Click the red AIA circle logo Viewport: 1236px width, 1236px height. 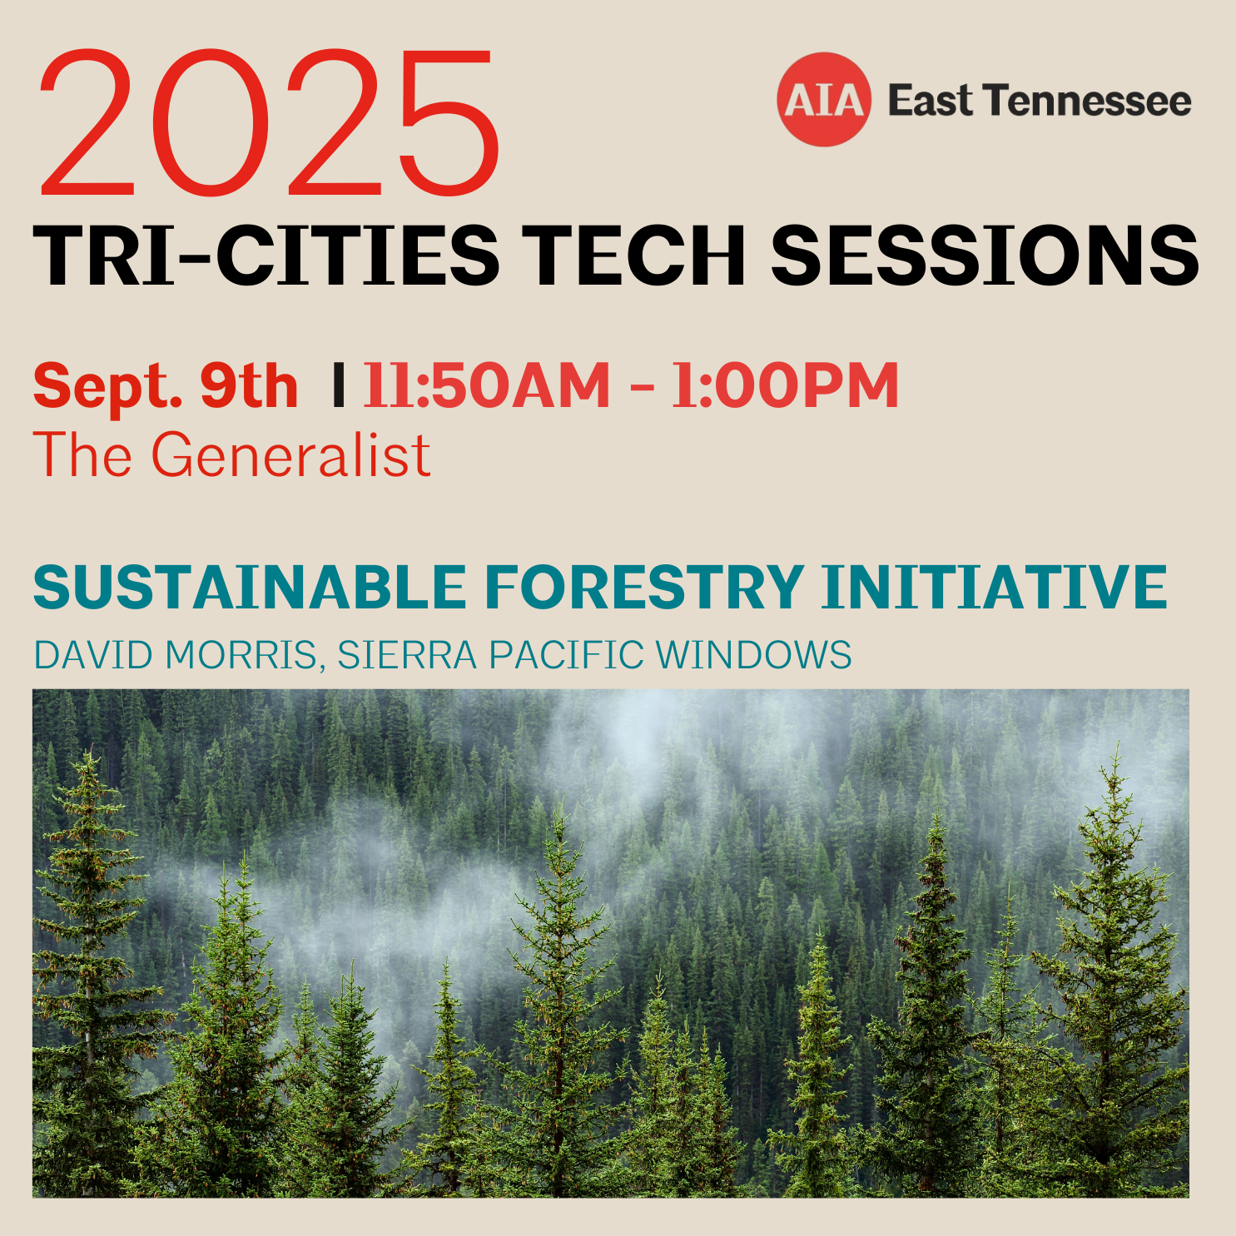tap(824, 100)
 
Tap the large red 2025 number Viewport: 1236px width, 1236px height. tap(269, 122)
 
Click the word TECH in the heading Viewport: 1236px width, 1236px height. tap(633, 256)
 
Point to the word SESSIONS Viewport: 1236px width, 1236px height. tap(985, 256)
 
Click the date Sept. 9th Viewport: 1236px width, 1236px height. tap(166, 387)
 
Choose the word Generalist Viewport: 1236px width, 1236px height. tap(290, 455)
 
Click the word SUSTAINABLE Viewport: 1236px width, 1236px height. tap(250, 587)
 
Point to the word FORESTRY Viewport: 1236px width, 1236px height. tap(645, 587)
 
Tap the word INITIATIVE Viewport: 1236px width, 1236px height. tap(995, 587)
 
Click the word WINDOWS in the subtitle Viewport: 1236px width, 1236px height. tap(754, 655)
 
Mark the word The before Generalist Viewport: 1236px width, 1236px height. tap(82, 455)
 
